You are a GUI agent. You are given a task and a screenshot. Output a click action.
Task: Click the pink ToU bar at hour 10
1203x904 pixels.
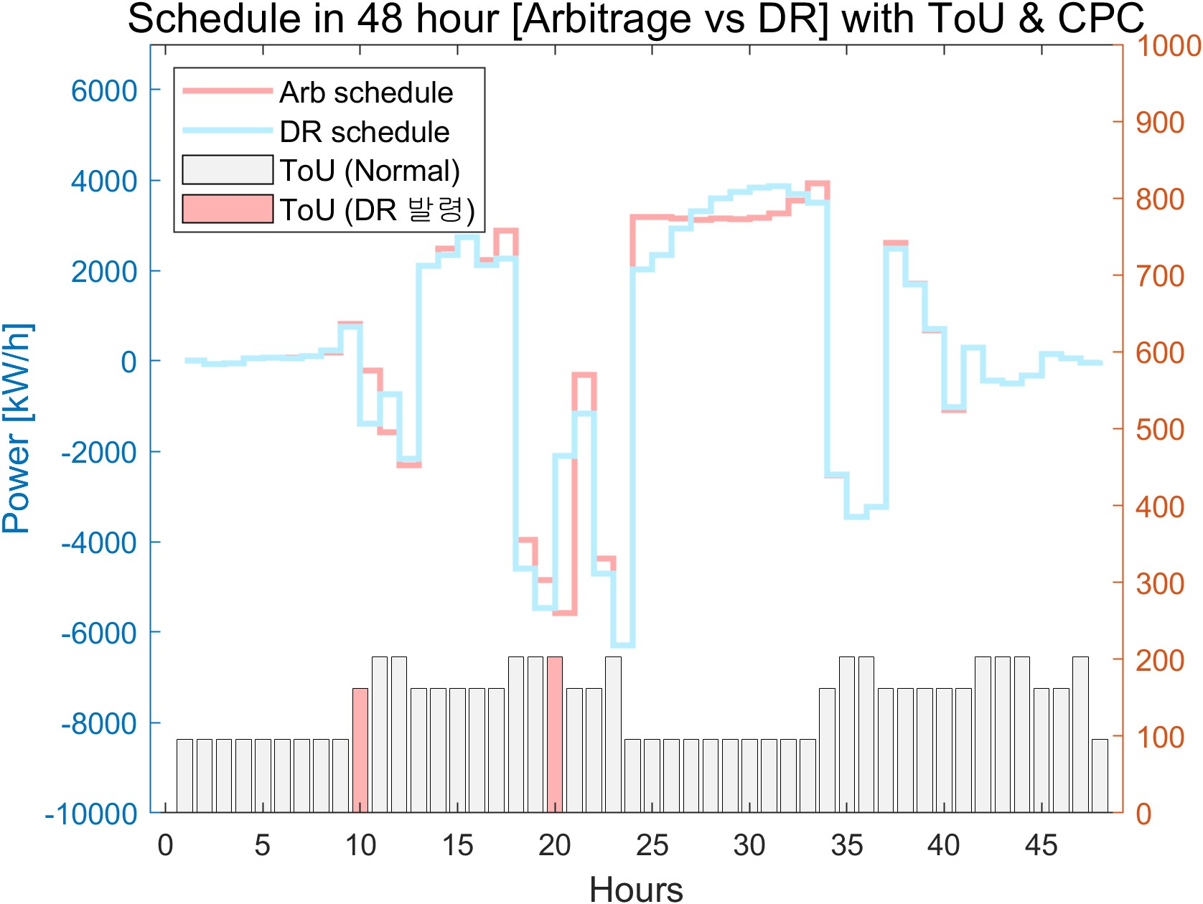pos(360,750)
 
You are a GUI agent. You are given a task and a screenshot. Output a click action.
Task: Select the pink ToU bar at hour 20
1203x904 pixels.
pos(555,735)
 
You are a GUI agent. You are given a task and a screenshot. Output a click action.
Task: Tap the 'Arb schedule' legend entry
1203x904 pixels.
pos(366,93)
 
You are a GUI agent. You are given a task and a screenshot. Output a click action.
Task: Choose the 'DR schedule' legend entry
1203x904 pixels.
pos(365,132)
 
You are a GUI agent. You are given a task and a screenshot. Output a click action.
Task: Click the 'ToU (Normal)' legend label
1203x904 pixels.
pos(370,171)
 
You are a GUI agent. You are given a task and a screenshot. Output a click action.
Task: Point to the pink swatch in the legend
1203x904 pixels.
pos(228,209)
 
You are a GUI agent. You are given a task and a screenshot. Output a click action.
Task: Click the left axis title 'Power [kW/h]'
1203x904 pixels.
pos(17,429)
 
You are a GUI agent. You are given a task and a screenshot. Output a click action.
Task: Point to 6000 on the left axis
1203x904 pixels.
pos(105,91)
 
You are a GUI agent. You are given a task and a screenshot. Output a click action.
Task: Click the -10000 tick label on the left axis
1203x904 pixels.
pos(91,814)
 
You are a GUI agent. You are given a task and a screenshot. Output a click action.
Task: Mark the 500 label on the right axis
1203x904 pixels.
pos(1159,430)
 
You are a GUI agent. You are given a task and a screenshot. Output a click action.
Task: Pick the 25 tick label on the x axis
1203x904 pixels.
pos(652,845)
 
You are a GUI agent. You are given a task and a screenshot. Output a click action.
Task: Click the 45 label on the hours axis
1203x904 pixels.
pos(1041,845)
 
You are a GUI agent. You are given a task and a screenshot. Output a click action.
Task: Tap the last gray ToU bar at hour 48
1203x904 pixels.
pos(1100,776)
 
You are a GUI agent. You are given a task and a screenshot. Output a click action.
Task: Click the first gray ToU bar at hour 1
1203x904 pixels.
pos(185,776)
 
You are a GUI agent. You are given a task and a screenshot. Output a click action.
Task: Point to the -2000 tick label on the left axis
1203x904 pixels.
pos(99,453)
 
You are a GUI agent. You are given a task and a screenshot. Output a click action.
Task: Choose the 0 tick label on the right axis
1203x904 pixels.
pos(1143,814)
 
